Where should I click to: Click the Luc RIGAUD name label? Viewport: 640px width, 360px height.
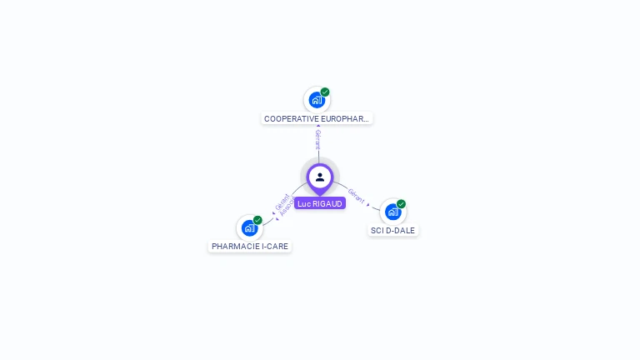(320, 203)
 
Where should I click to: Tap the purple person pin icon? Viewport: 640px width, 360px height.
(320, 177)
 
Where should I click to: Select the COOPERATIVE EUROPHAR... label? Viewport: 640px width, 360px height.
(317, 118)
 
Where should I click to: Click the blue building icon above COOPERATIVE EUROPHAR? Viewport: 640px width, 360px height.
(317, 100)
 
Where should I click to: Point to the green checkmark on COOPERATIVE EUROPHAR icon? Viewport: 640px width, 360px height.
(325, 92)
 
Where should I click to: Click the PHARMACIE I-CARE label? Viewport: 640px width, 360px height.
(250, 247)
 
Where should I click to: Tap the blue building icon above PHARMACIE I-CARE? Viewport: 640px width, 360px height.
(249, 227)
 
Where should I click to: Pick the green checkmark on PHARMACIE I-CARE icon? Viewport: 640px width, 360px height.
(257, 220)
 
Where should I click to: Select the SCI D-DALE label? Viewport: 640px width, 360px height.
(393, 230)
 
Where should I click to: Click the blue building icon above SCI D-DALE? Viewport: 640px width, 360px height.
(392, 212)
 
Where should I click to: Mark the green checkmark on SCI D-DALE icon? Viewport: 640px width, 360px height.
(401, 204)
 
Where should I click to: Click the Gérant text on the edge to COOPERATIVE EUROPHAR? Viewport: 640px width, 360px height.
(317, 139)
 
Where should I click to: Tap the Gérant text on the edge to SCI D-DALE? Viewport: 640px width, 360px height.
(357, 196)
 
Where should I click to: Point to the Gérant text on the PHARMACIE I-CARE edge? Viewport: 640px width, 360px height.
(282, 202)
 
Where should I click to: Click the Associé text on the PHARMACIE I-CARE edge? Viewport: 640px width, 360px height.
(287, 208)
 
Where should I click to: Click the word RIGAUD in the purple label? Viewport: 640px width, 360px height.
(327, 203)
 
